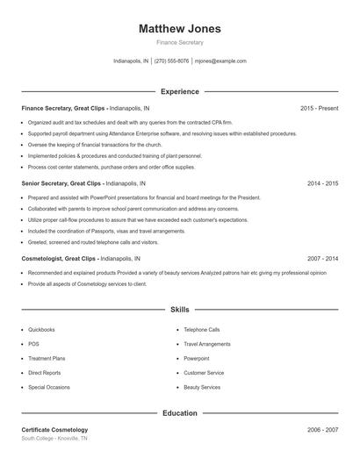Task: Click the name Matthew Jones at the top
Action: click(x=180, y=28)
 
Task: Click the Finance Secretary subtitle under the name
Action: click(x=180, y=42)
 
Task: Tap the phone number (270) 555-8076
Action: click(x=172, y=61)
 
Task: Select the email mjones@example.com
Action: click(x=220, y=61)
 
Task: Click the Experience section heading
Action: click(x=180, y=91)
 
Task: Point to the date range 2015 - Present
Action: click(x=319, y=108)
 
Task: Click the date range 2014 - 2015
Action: click(x=322, y=183)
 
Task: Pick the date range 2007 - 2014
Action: click(x=322, y=259)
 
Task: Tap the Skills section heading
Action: click(x=180, y=310)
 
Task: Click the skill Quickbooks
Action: click(x=41, y=330)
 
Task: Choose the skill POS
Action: click(x=33, y=344)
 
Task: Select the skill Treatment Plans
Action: click(x=47, y=358)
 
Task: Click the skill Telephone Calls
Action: click(x=202, y=330)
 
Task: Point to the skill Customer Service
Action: click(x=204, y=373)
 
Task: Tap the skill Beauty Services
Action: click(x=202, y=387)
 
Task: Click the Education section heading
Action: click(x=180, y=412)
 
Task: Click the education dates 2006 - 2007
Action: click(x=322, y=430)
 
